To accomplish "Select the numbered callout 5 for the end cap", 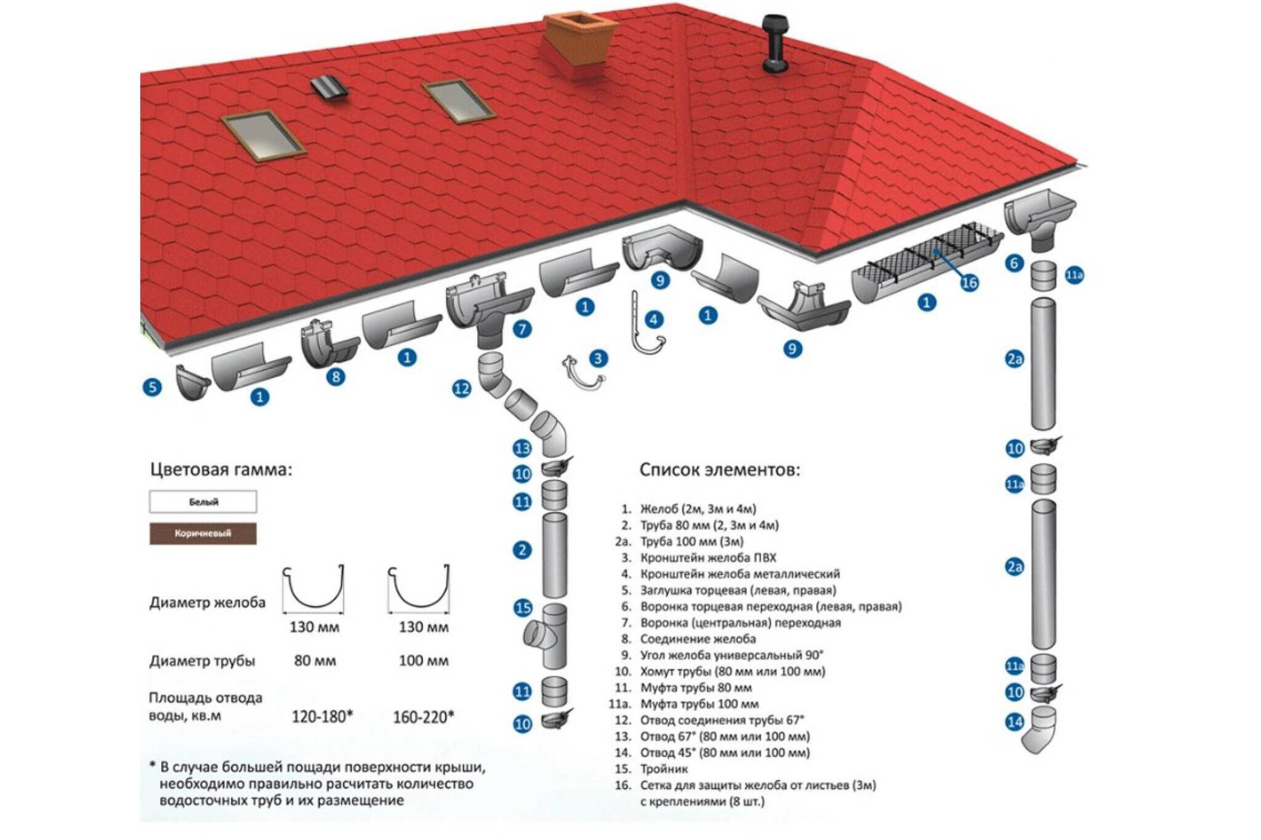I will coord(151,387).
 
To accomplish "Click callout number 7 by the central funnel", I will coord(522,329).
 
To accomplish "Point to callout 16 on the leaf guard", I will coord(969,282).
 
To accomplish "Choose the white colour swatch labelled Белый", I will coord(203,502).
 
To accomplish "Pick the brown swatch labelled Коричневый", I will coord(203,534).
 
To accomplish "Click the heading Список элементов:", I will coord(720,470).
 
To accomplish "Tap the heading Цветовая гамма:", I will coord(221,470).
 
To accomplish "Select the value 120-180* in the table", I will coord(322,716).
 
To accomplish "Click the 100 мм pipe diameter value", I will coord(424,661).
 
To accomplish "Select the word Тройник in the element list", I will coord(664,769).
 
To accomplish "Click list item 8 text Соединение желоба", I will coord(698,639).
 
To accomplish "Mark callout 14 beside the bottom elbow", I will coord(1014,721).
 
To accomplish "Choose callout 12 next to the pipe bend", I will coord(461,388).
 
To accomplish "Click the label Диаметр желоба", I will coord(207,602).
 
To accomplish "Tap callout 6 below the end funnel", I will coord(1014,263).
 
